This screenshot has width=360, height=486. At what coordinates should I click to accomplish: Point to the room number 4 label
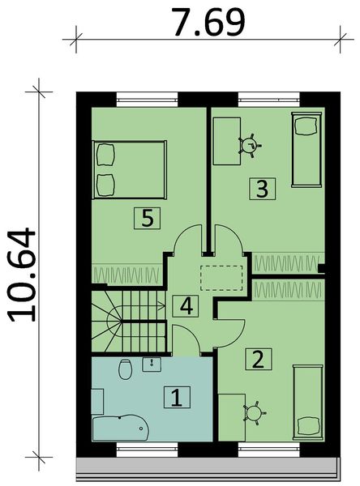186,306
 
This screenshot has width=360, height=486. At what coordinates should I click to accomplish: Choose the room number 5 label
146,217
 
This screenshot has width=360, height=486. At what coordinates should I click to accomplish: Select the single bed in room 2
306,402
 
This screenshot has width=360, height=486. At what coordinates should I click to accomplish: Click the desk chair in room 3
248,145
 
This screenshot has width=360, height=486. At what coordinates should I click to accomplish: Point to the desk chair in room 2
254,412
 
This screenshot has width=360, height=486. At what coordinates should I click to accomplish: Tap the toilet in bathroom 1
124,370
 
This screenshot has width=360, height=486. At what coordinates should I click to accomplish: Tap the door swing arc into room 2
231,328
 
